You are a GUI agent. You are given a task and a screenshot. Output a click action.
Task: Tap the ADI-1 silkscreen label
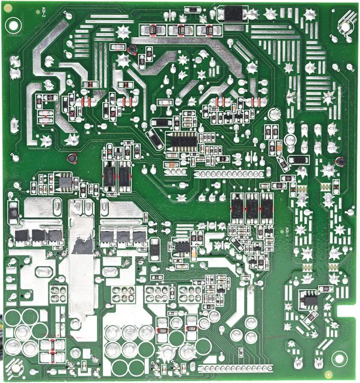(x=287, y=228)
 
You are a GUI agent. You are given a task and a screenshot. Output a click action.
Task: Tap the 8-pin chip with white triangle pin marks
(x=182, y=245)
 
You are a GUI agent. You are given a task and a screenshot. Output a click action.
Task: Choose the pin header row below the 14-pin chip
(x=227, y=174)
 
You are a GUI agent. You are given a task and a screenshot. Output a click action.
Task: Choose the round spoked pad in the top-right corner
(x=344, y=24)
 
